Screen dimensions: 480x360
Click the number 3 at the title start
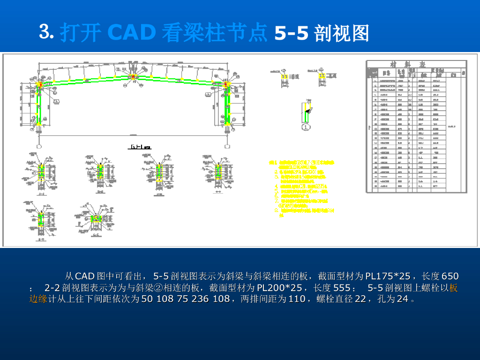coord(45,32)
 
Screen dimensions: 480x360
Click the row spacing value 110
coord(297,299)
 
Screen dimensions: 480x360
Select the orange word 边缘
coord(38,299)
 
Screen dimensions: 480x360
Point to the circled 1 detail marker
coord(306,127)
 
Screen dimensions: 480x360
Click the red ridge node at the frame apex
coord(134,76)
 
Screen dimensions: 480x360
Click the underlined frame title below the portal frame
coord(139,147)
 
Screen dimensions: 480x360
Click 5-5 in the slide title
coord(291,33)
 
